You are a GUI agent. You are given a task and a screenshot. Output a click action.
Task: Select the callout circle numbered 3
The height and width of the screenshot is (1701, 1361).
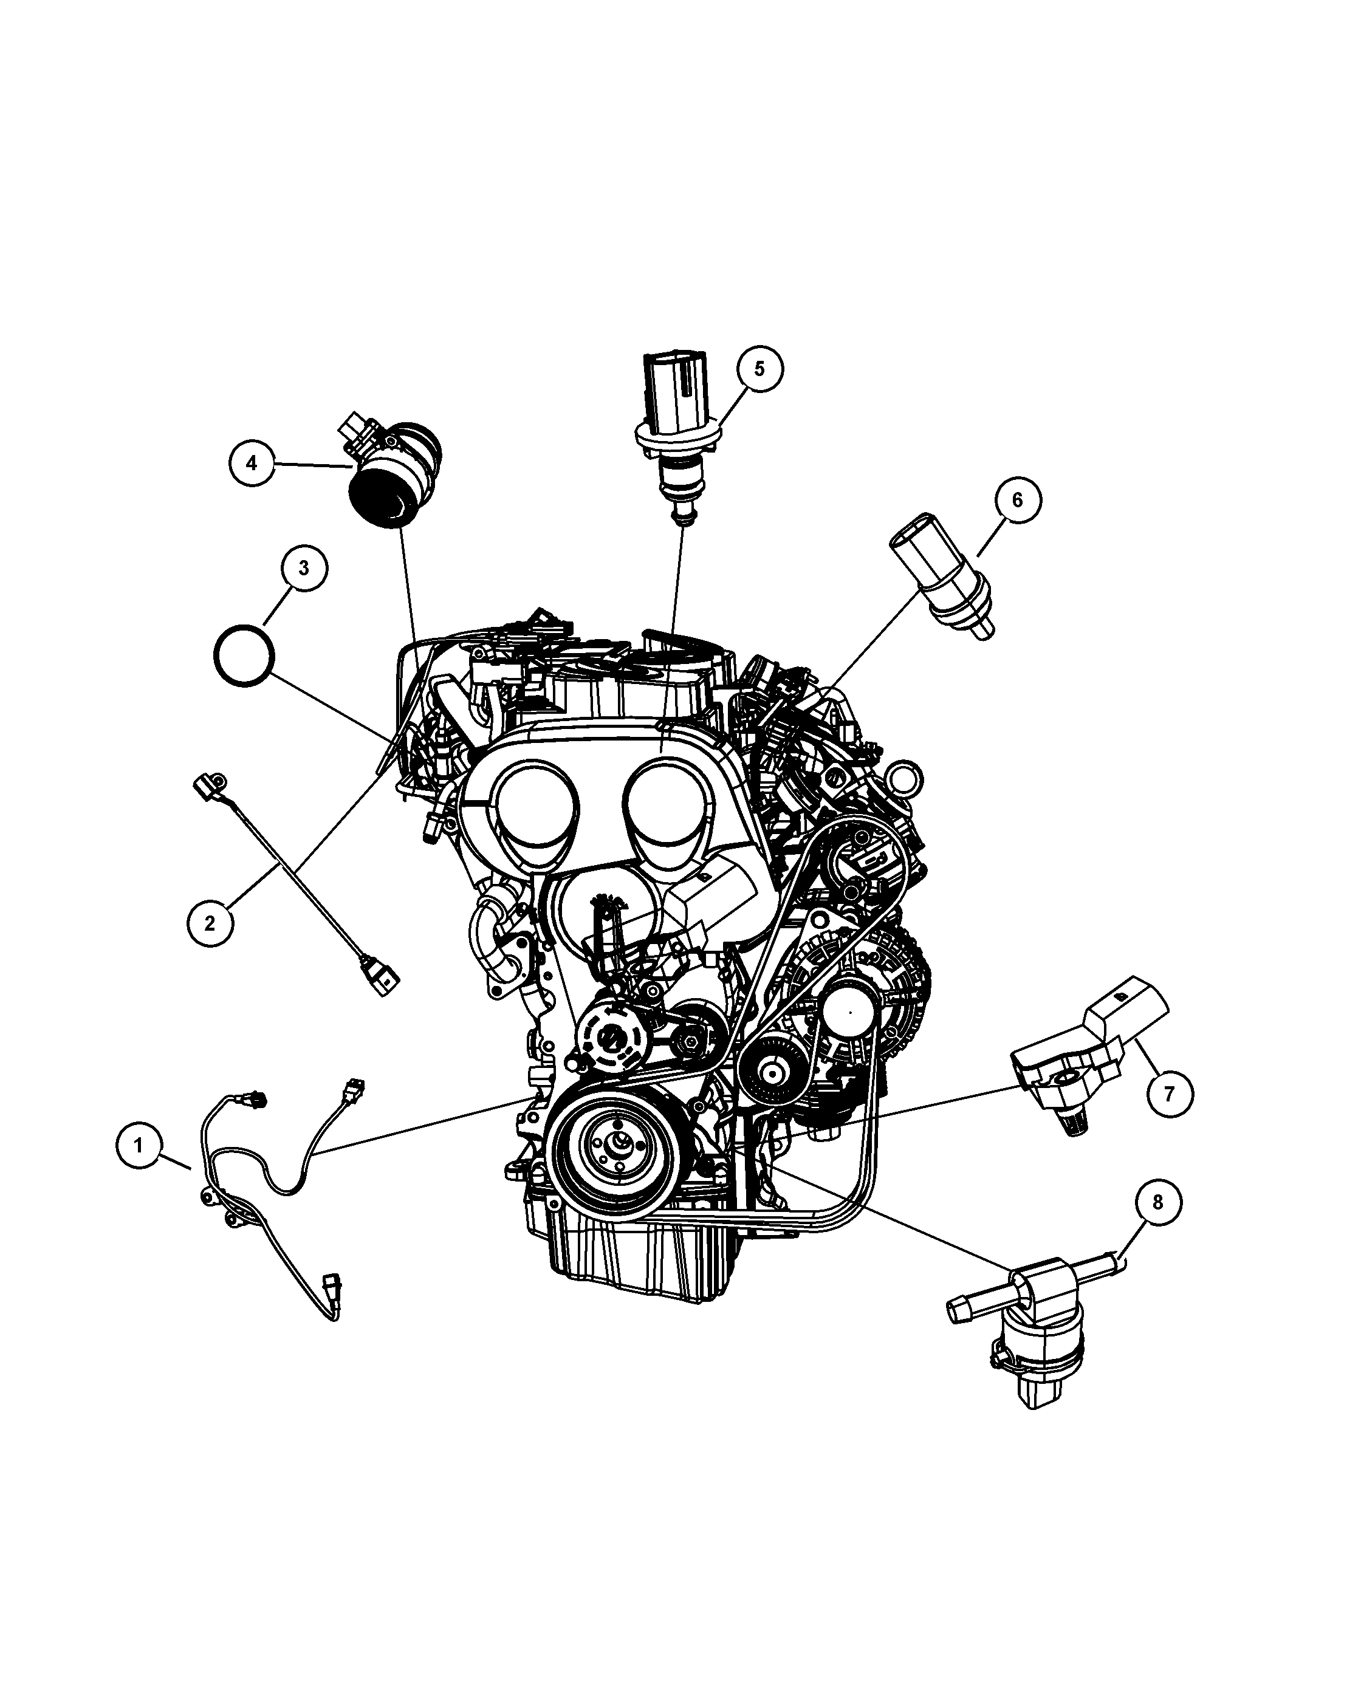coord(304,568)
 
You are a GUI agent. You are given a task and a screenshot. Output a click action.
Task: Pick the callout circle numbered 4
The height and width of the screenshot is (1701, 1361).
coord(252,463)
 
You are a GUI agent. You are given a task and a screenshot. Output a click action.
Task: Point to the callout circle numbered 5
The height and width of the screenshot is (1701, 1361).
coord(760,368)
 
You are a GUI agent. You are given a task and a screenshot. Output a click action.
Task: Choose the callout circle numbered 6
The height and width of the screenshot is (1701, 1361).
coord(1017,499)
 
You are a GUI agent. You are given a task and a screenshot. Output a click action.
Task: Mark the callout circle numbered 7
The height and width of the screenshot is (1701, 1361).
coord(1169,1093)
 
